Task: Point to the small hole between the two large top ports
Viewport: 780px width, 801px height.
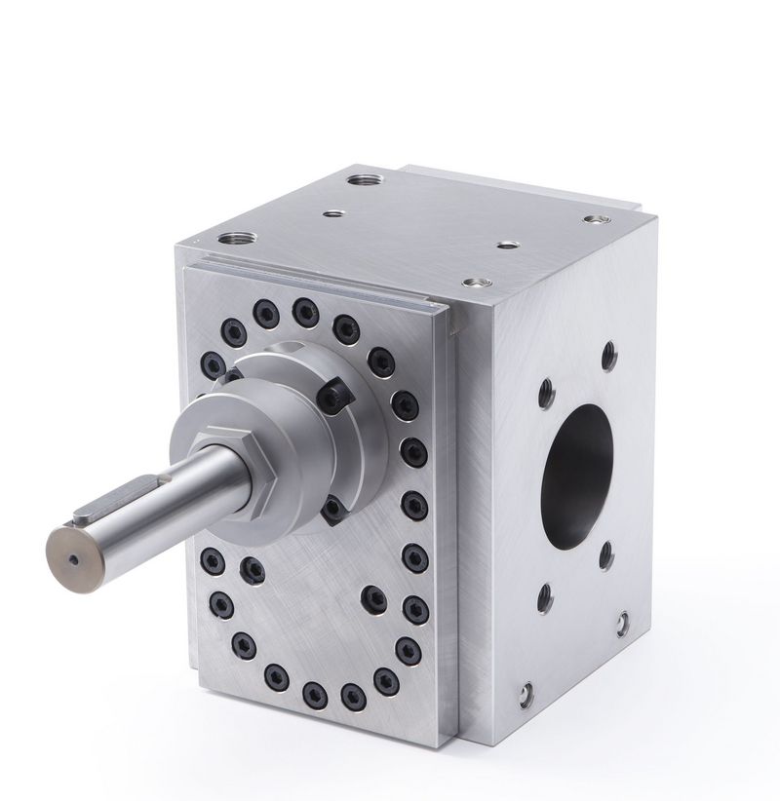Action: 333,212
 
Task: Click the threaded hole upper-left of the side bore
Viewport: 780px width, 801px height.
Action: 546,394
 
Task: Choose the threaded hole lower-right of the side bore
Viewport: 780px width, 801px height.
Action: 605,555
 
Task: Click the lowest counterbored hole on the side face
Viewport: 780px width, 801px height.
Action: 526,693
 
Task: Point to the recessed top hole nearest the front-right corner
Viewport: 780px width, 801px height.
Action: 476,283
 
